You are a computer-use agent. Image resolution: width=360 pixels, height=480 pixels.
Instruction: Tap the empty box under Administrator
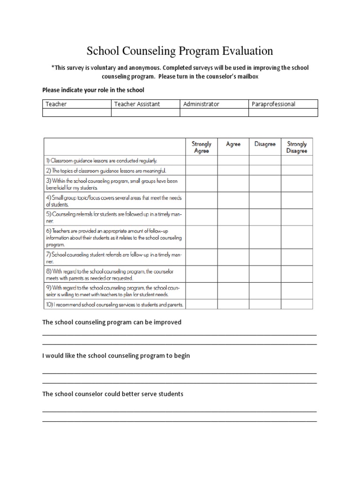pyautogui.click(x=214, y=112)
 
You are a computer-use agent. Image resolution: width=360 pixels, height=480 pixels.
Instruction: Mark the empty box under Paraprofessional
pyautogui.click(x=283, y=112)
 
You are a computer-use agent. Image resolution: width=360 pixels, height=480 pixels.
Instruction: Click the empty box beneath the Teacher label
pyautogui.click(x=77, y=112)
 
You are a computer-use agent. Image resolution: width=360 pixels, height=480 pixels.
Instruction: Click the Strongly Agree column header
pyautogui.click(x=202, y=147)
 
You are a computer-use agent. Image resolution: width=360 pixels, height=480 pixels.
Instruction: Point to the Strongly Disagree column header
pyautogui.click(x=297, y=147)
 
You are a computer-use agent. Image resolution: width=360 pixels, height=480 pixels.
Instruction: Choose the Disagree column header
pyautogui.click(x=265, y=144)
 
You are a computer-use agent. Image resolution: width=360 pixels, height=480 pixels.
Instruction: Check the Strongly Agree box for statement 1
pyautogui.click(x=202, y=160)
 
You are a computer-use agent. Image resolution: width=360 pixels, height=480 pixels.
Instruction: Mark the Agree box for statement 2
pyautogui.click(x=233, y=171)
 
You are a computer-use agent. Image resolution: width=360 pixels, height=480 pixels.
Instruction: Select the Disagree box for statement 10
pyautogui.click(x=265, y=305)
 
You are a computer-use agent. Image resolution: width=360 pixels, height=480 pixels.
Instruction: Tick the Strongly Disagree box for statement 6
pyautogui.click(x=297, y=238)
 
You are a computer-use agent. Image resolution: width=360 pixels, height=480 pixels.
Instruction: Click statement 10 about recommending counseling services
pyautogui.click(x=114, y=305)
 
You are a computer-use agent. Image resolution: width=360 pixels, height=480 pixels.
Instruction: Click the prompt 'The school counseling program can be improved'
pyautogui.click(x=112, y=322)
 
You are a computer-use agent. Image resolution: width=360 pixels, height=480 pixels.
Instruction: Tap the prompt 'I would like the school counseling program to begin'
pyautogui.click(x=116, y=356)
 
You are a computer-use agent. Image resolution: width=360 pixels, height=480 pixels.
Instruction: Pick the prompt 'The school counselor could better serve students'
pyautogui.click(x=112, y=394)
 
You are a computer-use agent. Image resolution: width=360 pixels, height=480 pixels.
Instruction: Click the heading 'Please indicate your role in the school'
pyautogui.click(x=93, y=90)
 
